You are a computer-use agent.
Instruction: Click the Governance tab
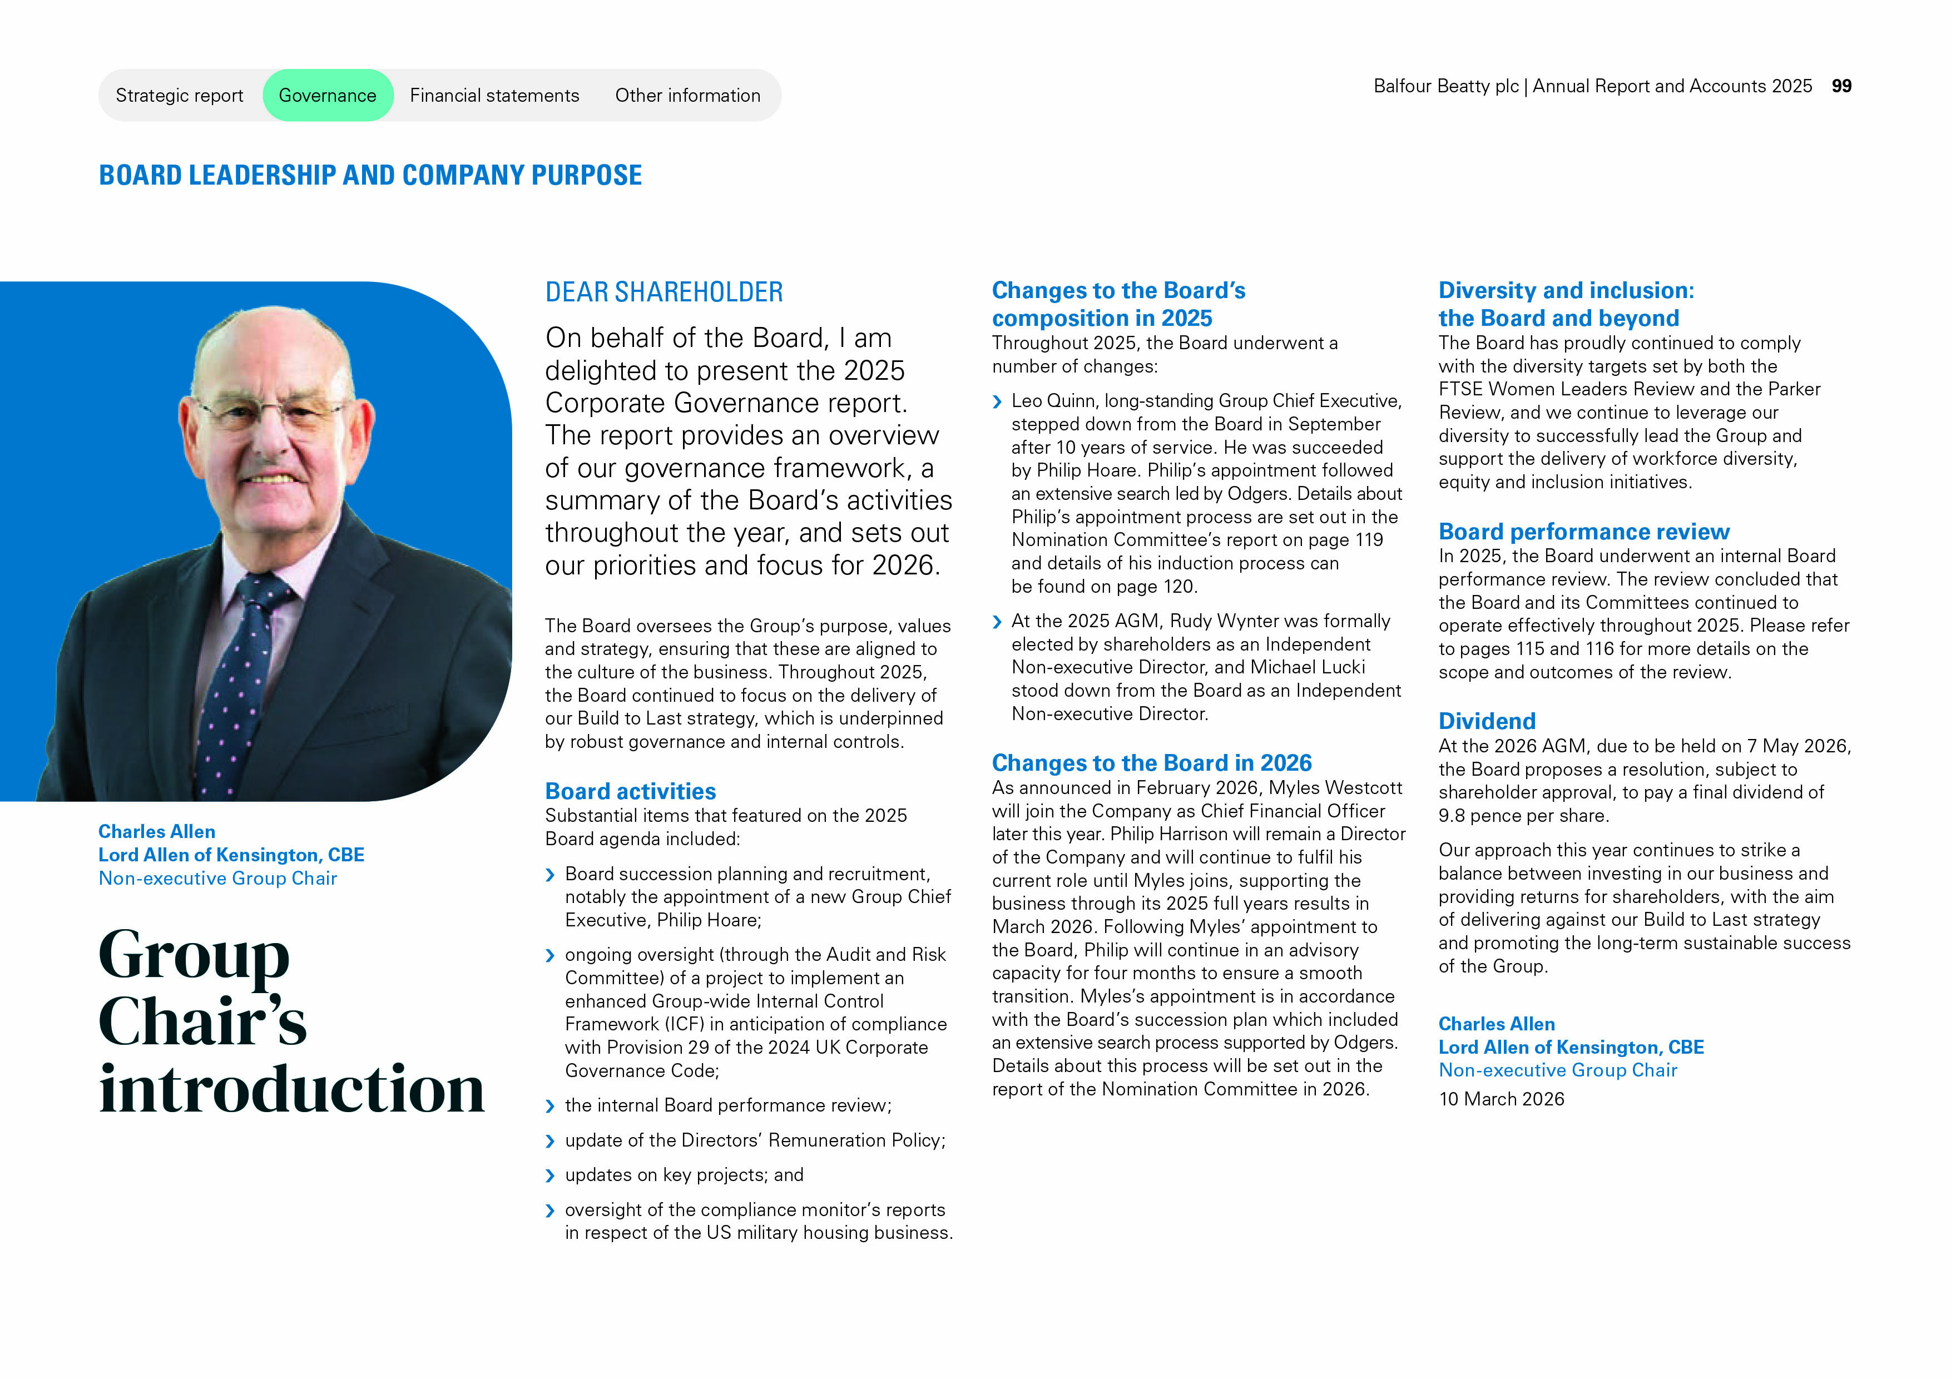[x=327, y=95]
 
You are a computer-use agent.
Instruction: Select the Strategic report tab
[x=179, y=95]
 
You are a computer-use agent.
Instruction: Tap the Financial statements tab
[x=494, y=95]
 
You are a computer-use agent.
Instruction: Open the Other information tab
[x=687, y=95]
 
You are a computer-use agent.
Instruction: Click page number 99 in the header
[x=1841, y=86]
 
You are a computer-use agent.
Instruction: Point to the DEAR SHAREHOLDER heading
[x=663, y=292]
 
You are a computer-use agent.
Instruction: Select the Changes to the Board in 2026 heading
[x=1151, y=762]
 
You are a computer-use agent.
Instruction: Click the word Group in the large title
[x=194, y=955]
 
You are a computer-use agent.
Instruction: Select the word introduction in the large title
[x=291, y=1089]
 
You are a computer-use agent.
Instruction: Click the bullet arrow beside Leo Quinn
[x=998, y=402]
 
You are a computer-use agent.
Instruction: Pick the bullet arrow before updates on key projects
[x=550, y=1176]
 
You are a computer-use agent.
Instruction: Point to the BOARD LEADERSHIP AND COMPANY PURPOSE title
[x=370, y=175]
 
